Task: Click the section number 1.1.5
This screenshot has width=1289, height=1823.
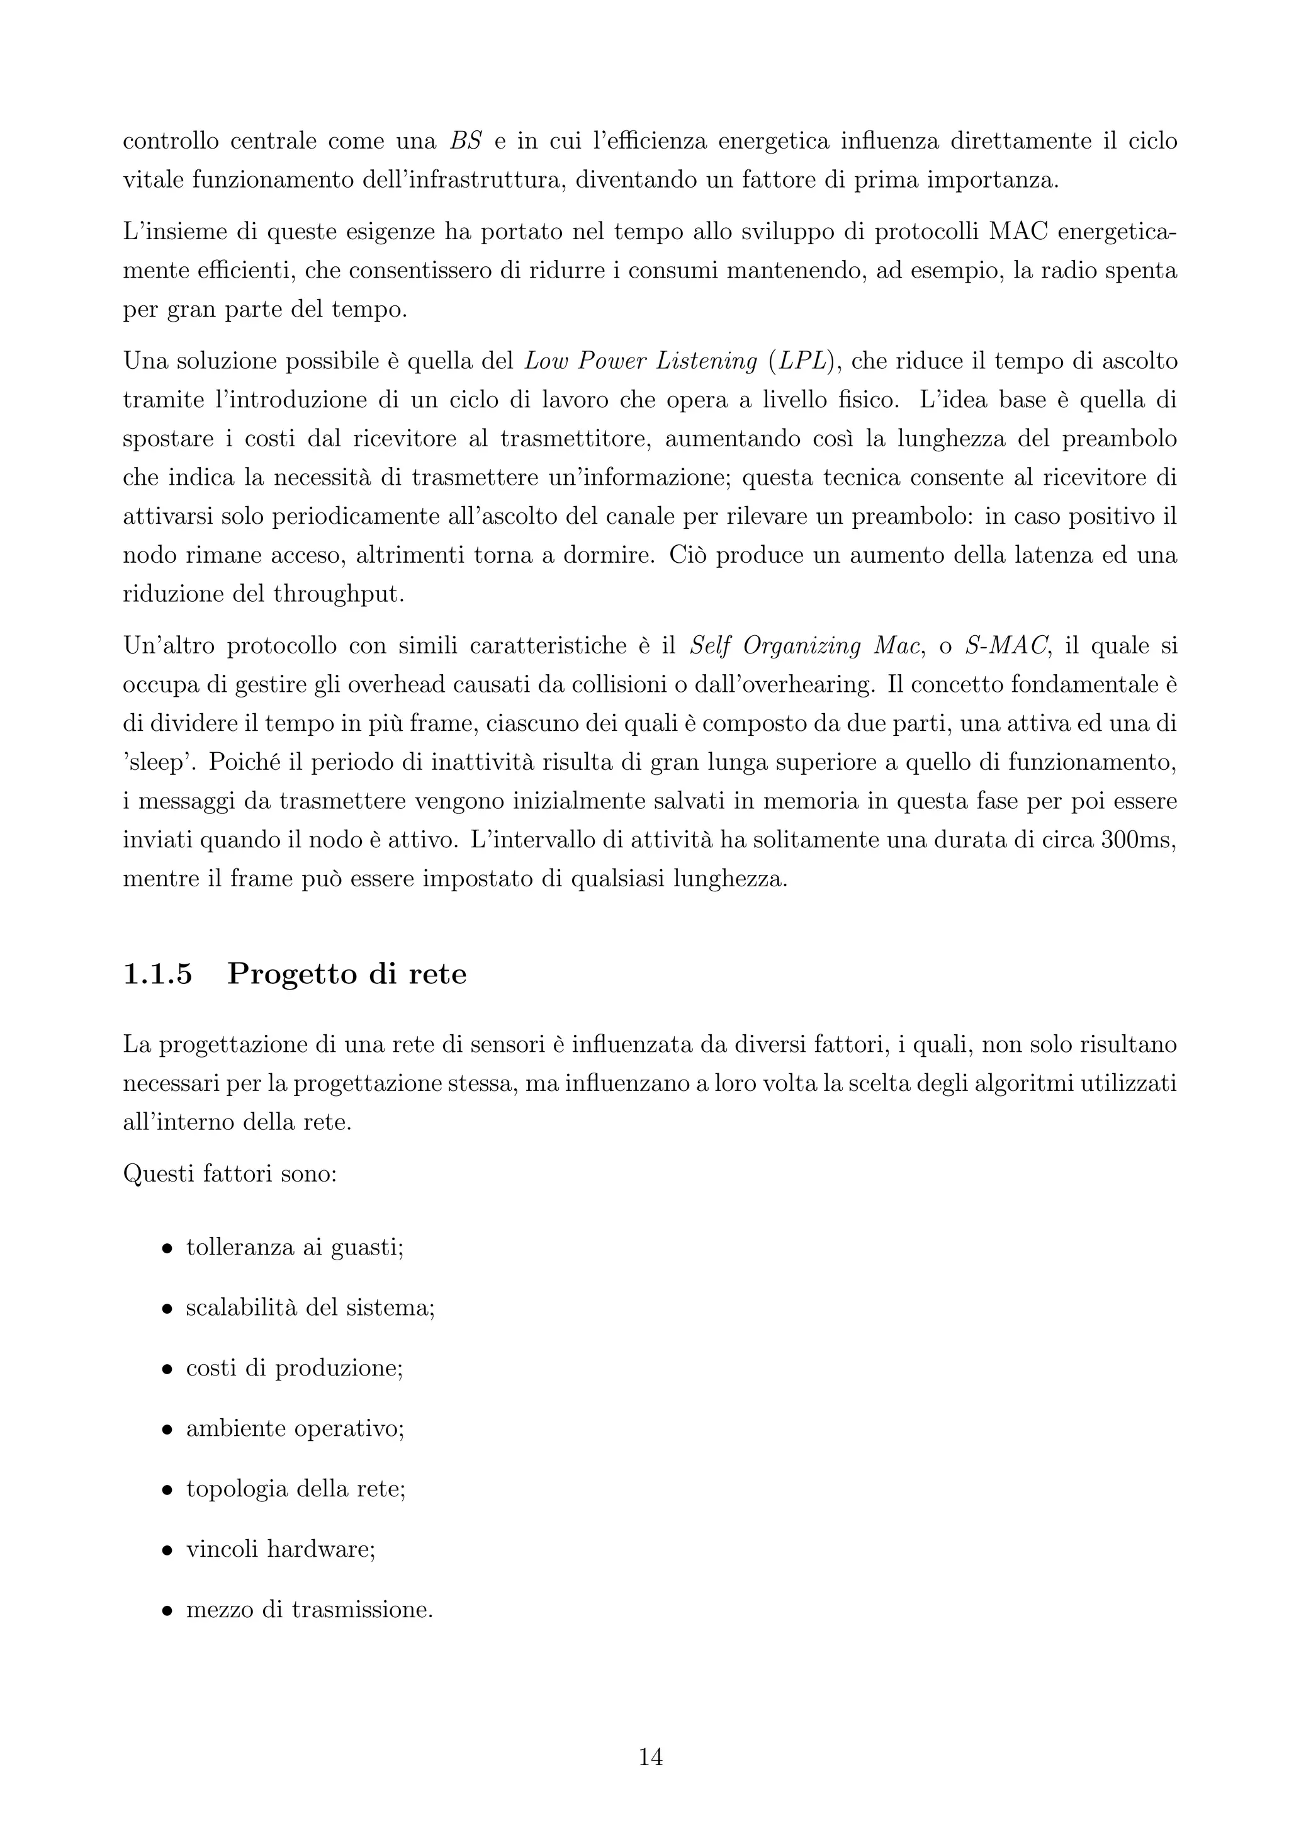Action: (x=158, y=974)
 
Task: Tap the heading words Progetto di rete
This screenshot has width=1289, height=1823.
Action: (x=347, y=974)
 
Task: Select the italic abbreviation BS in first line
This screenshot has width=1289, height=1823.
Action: (x=466, y=142)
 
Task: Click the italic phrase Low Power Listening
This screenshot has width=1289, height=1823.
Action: (x=641, y=361)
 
